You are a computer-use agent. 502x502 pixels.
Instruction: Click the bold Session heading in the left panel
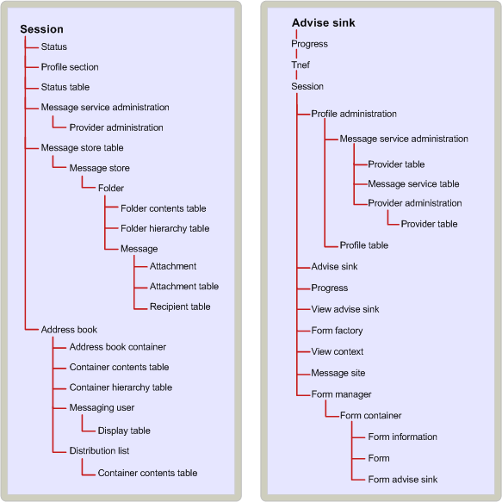(41, 29)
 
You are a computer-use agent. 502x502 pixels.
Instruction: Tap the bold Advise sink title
(324, 22)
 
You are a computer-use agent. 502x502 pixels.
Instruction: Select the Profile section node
(70, 67)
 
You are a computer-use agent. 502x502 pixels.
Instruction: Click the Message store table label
(83, 147)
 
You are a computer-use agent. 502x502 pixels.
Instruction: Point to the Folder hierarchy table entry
(164, 228)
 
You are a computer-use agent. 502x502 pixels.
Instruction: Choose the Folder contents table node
(164, 208)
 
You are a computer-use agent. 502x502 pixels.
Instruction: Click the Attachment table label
(184, 286)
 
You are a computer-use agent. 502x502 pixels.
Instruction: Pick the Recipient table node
(180, 307)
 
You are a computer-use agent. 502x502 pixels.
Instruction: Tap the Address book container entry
(118, 347)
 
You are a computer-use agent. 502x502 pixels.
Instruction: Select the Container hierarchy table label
(121, 387)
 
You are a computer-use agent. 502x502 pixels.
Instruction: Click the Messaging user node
(102, 407)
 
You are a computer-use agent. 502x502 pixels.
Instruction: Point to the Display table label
(124, 431)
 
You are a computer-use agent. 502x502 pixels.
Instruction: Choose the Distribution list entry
(99, 451)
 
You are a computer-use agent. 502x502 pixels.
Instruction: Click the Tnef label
(301, 65)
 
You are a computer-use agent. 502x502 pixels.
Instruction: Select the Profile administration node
(354, 114)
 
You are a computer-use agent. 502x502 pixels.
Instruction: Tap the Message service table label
(413, 183)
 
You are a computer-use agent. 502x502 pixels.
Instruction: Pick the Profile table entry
(364, 245)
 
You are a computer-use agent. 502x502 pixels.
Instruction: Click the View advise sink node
(345, 309)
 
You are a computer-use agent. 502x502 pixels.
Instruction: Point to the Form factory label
(337, 331)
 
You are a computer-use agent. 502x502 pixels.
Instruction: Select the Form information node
(402, 437)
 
